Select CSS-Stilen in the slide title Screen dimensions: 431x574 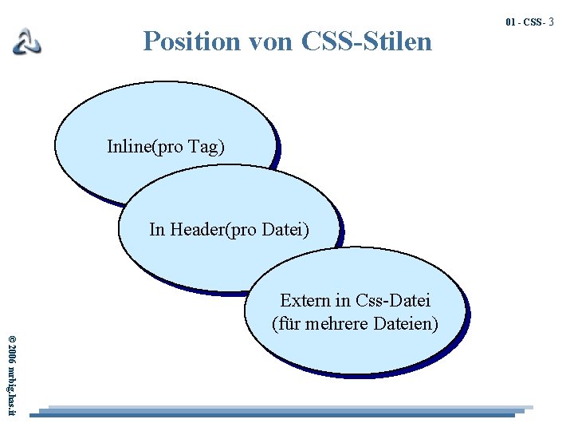pos(368,41)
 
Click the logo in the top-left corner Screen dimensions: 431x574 pos(26,41)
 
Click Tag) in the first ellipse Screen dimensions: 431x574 pos(206,147)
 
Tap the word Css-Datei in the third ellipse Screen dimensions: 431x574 pos(393,301)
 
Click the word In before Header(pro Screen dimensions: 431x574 pos(157,230)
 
